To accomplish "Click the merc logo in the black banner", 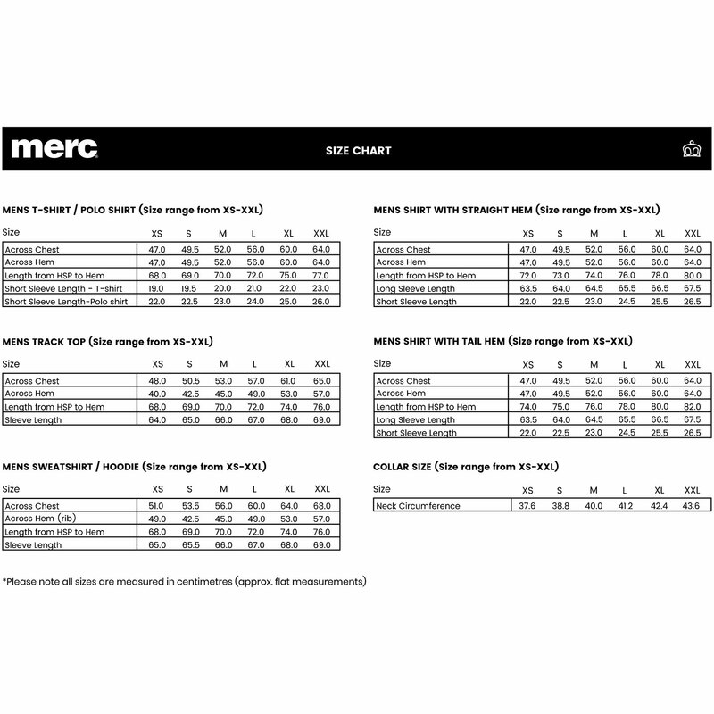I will (x=54, y=148).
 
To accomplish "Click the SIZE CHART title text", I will (x=358, y=151).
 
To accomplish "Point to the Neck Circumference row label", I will (x=419, y=506).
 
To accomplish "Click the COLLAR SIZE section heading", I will (x=465, y=466).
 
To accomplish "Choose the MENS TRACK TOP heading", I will (x=112, y=342).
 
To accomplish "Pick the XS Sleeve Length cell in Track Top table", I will (x=158, y=419).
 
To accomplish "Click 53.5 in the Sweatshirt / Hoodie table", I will (x=190, y=505).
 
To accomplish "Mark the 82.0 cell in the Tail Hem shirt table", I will (x=692, y=407).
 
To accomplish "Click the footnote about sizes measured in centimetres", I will (x=185, y=582).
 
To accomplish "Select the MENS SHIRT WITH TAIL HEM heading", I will (x=503, y=342).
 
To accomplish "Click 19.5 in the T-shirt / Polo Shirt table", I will (x=190, y=289).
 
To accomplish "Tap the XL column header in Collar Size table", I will (x=660, y=491).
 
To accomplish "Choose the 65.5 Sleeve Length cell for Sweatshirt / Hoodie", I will (x=190, y=544).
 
